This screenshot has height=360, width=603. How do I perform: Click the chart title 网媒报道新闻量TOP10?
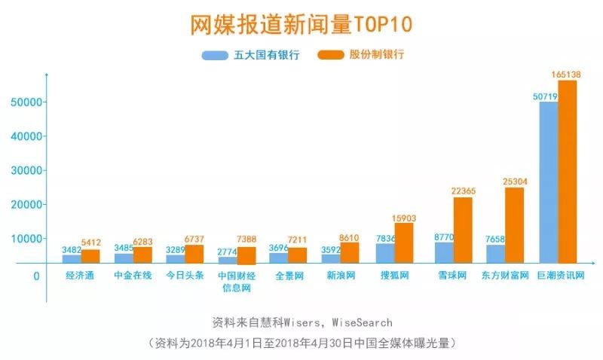pyautogui.click(x=301, y=24)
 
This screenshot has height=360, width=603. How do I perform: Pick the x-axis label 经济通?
pyautogui.click(x=80, y=275)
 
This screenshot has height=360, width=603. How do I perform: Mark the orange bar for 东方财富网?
pyautogui.click(x=514, y=224)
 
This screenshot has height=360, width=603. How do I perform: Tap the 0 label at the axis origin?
pyautogui.click(x=36, y=276)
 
